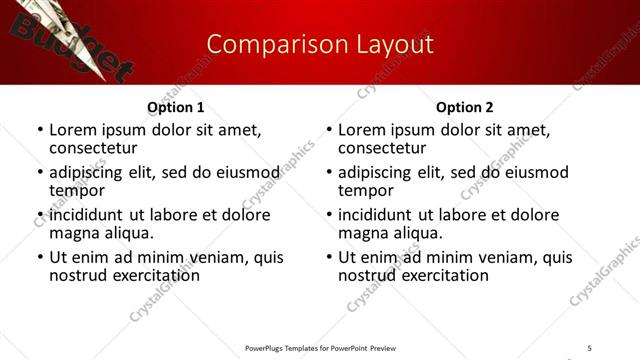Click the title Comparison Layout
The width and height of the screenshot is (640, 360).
320,44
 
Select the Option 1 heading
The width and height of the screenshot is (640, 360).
176,107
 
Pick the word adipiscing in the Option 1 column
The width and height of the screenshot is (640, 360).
87,171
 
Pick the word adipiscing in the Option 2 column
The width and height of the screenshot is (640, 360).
376,171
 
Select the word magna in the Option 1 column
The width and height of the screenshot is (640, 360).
73,233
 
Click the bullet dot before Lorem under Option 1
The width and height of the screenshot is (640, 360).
40,130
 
